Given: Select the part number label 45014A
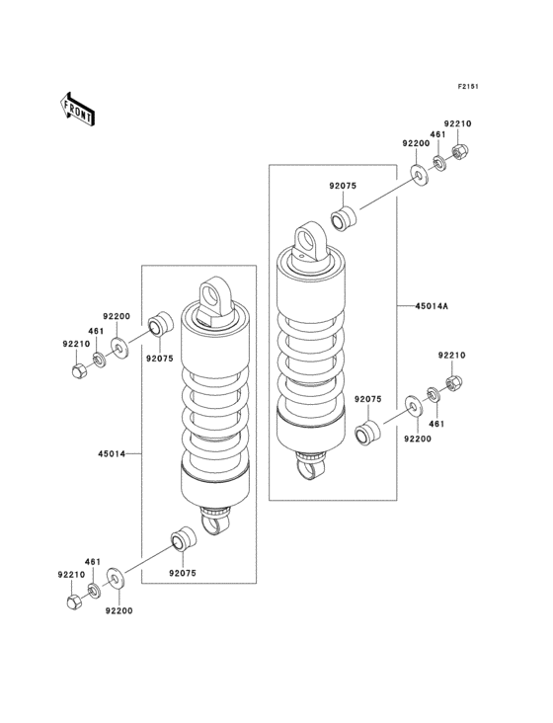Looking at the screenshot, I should [x=431, y=307].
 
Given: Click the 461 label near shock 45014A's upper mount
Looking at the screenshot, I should [x=436, y=134].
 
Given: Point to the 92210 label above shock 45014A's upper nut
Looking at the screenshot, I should [x=457, y=123].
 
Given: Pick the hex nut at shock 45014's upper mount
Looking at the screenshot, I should [x=77, y=371].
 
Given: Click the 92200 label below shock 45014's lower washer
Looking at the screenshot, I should [x=118, y=611].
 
